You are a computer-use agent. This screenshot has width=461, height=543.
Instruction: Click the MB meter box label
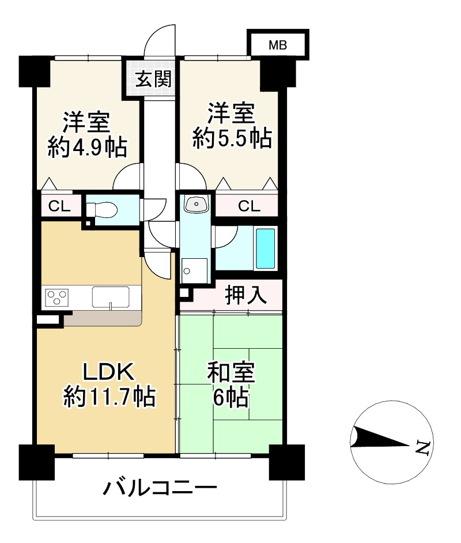278,45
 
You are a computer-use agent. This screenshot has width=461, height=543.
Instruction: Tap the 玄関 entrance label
153,78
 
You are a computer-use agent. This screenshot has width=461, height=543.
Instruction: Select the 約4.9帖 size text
87,147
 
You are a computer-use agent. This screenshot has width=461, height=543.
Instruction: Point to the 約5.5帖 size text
232,138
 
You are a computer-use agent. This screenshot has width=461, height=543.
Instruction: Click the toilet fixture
102,209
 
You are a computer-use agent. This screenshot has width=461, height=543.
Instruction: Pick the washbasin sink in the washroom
197,203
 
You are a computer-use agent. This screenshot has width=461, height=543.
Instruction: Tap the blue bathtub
266,248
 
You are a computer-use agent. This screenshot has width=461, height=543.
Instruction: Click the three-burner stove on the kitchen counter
56,297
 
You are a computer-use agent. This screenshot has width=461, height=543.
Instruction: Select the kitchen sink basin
111,297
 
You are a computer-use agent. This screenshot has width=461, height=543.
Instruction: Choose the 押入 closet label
245,295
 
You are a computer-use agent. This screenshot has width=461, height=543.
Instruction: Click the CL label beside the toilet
59,206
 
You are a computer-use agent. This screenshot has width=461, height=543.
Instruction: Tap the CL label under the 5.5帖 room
249,206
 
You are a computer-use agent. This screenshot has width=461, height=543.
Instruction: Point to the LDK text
108,371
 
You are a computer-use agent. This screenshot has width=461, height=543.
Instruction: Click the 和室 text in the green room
231,372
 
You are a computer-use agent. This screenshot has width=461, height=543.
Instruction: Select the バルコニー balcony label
160,488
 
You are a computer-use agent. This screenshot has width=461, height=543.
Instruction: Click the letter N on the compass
424,448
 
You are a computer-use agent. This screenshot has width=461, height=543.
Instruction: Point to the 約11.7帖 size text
109,397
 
